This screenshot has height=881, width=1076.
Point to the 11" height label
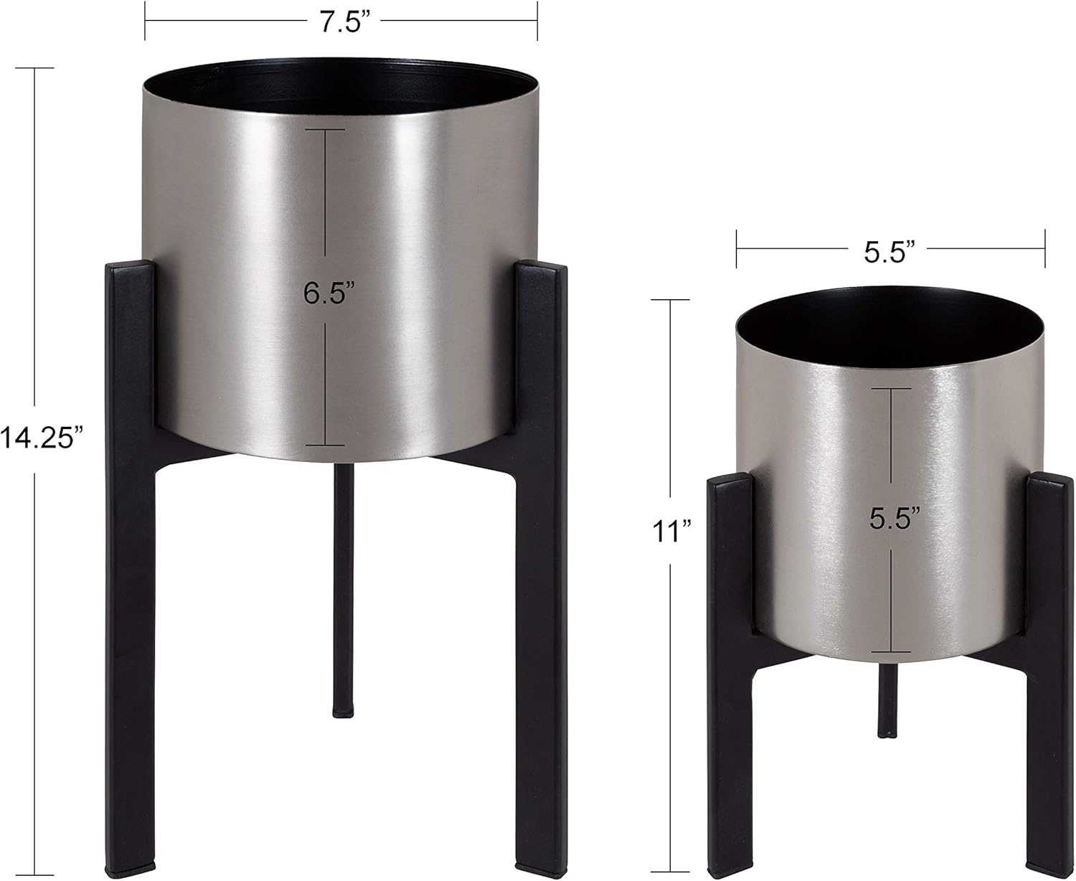[672, 532]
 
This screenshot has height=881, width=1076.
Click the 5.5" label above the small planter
[890, 252]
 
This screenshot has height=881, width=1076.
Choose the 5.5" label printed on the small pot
[894, 519]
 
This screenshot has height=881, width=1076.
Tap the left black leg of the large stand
[131, 574]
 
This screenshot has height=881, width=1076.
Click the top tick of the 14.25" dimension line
[34, 68]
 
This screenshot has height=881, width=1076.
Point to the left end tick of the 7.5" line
[146, 21]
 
